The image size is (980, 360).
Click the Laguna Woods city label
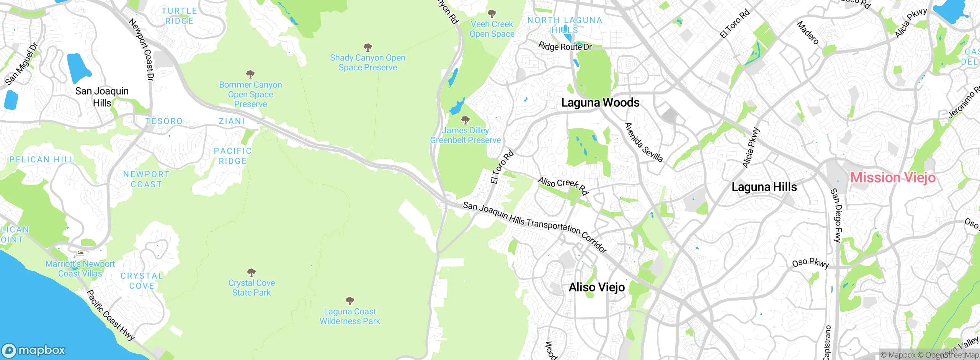coord(600,103)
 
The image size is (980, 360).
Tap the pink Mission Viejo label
coord(893,178)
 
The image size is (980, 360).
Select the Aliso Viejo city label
coord(596,287)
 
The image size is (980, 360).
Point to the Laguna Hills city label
coord(764,187)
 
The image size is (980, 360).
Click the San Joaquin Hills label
coord(102,97)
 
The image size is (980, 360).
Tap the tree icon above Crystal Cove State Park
coord(252,273)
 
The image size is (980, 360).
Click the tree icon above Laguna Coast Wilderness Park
coord(350,301)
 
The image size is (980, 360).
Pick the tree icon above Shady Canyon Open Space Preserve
coord(367,47)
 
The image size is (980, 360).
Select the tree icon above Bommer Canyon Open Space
coord(250,74)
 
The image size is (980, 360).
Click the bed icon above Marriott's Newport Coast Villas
coord(80,254)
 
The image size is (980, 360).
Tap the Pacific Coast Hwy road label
coord(111,315)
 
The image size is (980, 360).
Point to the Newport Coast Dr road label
coord(142,50)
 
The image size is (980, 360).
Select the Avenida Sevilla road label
coord(644,142)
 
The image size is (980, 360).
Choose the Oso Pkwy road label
coord(810,263)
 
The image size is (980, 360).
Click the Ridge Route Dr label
coord(565,47)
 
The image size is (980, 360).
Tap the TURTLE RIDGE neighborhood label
coord(179,16)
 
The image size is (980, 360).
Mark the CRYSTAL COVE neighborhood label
coord(142,281)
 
